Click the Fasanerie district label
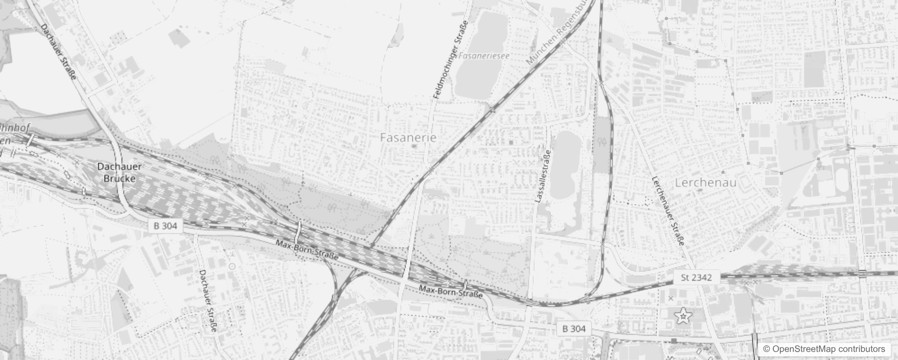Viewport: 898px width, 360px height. (x=408, y=138)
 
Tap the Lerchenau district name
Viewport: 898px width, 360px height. (x=705, y=183)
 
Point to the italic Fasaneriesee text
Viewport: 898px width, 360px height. (x=484, y=56)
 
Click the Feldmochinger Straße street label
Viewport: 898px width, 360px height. (x=450, y=60)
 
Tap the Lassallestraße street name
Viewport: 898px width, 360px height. (x=543, y=176)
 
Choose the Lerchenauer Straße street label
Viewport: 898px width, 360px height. (x=668, y=211)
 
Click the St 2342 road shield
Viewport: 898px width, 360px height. (x=696, y=278)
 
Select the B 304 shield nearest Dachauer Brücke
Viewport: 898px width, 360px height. (x=165, y=226)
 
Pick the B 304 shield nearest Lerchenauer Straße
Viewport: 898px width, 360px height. (x=574, y=329)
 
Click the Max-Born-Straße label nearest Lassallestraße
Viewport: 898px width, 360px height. (x=450, y=292)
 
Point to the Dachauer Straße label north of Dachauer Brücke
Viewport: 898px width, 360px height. (x=58, y=52)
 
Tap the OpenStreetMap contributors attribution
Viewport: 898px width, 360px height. (x=823, y=349)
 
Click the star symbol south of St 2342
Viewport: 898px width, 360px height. (x=683, y=317)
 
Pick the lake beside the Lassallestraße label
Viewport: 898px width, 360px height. (x=565, y=164)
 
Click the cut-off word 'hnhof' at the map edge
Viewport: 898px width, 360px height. (x=16, y=128)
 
